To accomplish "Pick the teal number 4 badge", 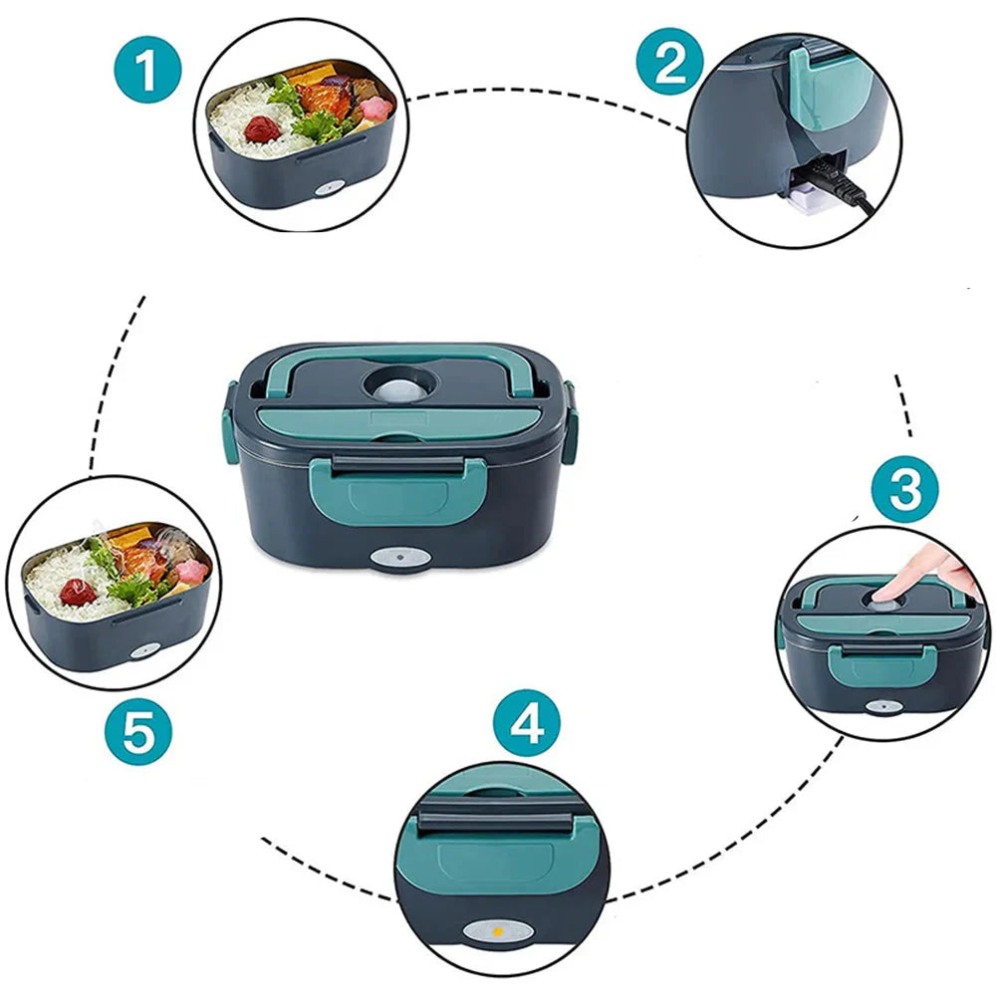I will click(528, 725).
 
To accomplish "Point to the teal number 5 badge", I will click(138, 734).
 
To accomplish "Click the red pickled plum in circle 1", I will click(262, 128).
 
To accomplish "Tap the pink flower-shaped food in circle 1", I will click(375, 108).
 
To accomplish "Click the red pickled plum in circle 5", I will click(78, 593).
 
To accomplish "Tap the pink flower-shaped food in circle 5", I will click(190, 571).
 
